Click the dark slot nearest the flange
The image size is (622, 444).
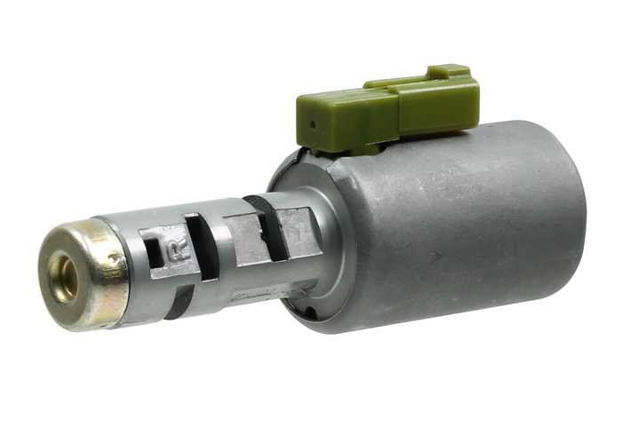click(271, 230)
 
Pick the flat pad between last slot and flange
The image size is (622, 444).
click(299, 229)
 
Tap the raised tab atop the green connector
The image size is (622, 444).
click(448, 72)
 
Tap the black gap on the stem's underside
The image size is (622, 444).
click(178, 302)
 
